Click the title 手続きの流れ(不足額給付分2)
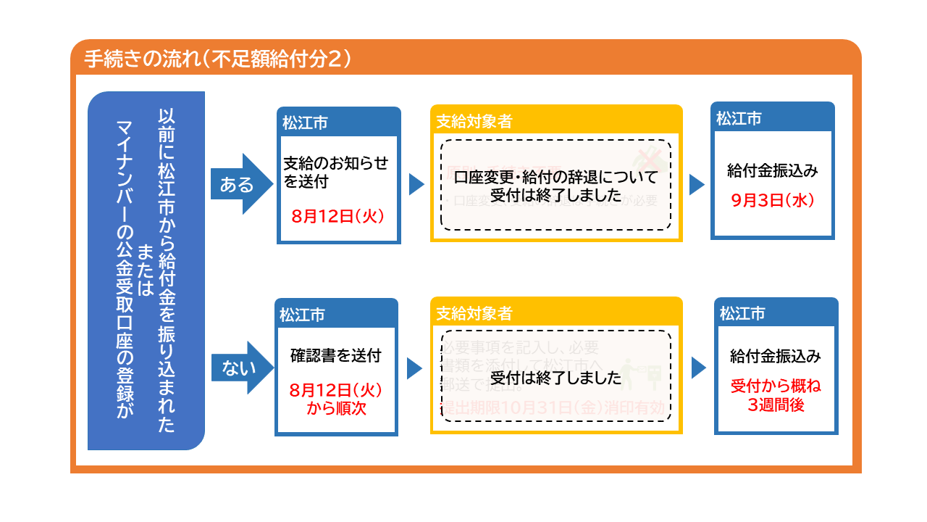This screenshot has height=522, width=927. [218, 58]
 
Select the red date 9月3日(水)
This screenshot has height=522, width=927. [773, 200]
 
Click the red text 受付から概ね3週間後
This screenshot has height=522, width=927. [776, 394]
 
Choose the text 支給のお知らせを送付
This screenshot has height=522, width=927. [335, 172]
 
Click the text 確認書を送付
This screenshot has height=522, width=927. [335, 356]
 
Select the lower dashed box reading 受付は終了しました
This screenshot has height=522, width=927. [555, 378]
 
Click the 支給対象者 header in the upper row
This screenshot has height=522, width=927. [474, 121]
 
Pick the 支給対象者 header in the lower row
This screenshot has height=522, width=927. [474, 313]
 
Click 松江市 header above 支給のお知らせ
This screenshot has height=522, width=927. [305, 123]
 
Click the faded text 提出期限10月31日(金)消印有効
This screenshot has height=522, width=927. [552, 408]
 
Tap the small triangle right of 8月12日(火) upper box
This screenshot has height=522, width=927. [416, 184]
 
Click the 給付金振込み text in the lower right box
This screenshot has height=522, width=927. [776, 357]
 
